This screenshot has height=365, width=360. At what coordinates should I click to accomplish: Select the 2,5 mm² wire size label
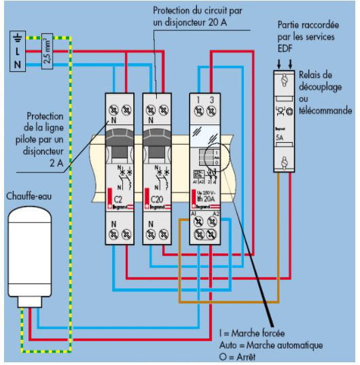(46, 52)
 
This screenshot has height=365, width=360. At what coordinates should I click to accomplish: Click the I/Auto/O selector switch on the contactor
(215, 156)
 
